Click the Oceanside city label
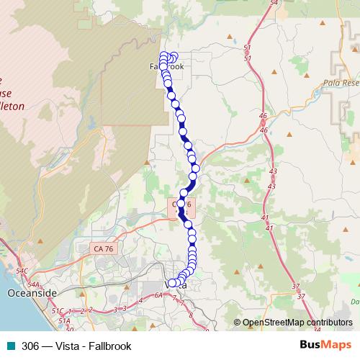[x=31, y=294]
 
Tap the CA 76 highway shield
[x=103, y=248]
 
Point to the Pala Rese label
[x=341, y=83]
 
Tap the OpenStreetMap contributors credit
[x=297, y=323]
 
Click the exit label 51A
[x=64, y=320]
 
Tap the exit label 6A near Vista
[x=158, y=294]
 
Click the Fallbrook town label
[x=166, y=66]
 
